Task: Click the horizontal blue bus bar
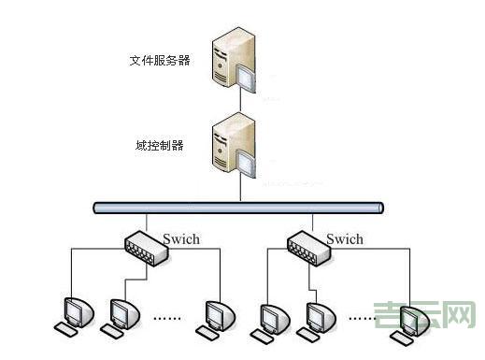(238, 208)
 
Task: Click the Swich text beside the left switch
(182, 239)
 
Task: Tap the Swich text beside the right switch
(344, 239)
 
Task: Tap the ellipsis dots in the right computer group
(361, 318)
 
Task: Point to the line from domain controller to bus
(240, 189)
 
